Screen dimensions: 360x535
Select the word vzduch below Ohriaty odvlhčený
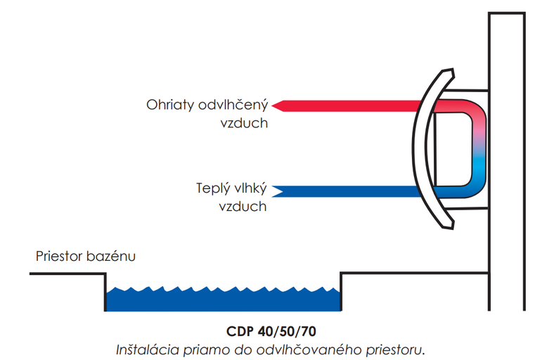243,123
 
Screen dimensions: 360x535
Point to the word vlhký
250,190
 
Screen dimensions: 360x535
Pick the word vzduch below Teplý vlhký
243,207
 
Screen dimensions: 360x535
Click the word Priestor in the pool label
60,257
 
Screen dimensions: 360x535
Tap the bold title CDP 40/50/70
267,330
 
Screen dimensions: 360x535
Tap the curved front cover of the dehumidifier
420,148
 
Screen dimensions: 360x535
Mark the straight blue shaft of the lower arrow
352,191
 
